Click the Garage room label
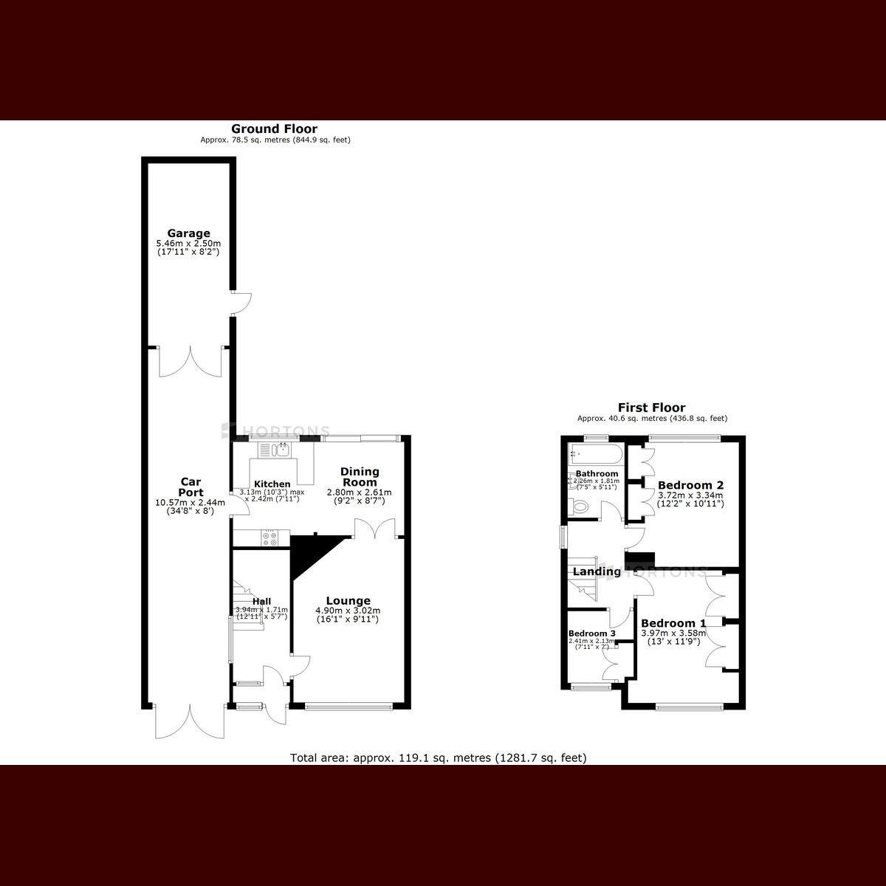tap(188, 234)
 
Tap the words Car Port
tap(190, 487)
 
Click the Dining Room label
tap(360, 476)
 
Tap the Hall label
tap(261, 601)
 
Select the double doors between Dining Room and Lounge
tap(376, 528)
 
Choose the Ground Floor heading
tap(275, 129)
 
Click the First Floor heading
tap(651, 408)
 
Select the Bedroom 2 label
tap(690, 485)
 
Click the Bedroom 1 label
tap(668, 623)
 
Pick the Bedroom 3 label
tap(591, 633)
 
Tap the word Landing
tap(597, 571)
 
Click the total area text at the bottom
tap(439, 758)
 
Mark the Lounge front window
tap(348, 707)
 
